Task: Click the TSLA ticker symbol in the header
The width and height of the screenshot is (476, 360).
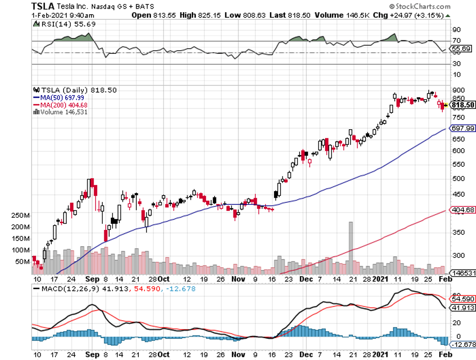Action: click(43, 7)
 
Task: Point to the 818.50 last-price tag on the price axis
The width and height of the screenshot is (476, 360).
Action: click(463, 105)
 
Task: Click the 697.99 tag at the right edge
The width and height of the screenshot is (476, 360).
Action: click(463, 128)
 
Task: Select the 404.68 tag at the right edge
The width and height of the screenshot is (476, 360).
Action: click(463, 209)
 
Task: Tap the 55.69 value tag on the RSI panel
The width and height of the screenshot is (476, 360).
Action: click(463, 48)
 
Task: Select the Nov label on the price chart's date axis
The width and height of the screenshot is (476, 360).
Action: click(238, 279)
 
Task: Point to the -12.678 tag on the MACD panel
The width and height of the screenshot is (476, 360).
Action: click(463, 344)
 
